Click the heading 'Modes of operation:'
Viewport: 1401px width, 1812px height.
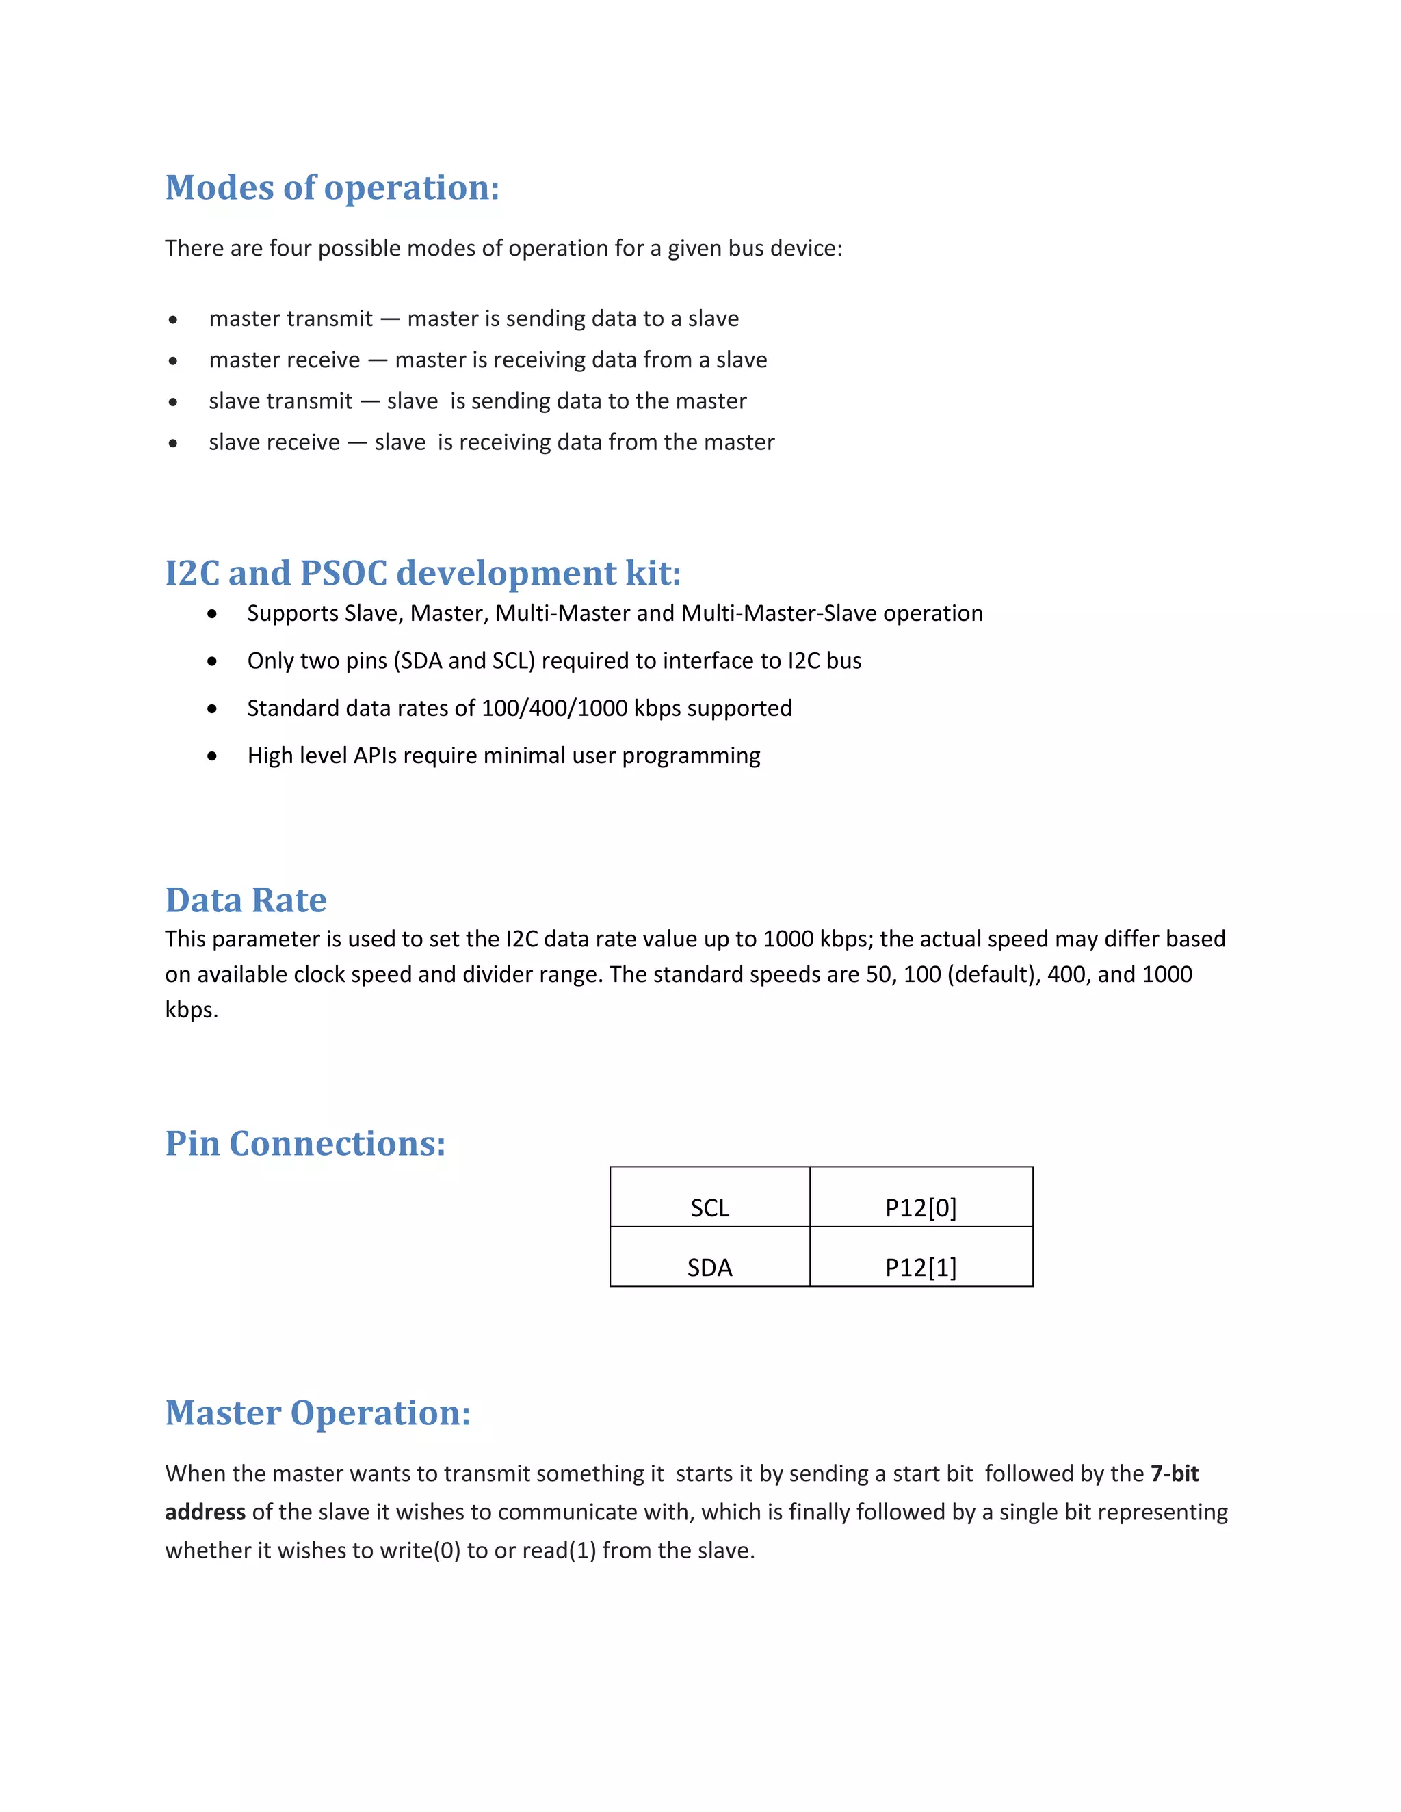coord(332,187)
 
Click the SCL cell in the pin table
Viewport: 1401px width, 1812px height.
coord(709,1207)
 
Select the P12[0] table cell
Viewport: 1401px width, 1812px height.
coord(921,1207)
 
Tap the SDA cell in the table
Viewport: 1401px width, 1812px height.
coord(709,1267)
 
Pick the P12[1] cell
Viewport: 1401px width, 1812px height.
coord(921,1267)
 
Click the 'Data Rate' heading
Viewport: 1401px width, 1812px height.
coord(246,901)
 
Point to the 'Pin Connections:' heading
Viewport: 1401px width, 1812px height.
coord(305,1143)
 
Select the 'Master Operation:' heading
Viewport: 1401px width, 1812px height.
coord(318,1413)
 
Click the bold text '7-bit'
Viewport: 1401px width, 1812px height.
coord(1175,1474)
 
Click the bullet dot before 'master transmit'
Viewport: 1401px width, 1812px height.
coord(172,320)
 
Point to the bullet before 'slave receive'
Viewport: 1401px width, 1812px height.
coord(172,444)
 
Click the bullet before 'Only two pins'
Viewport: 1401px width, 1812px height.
coord(213,661)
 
